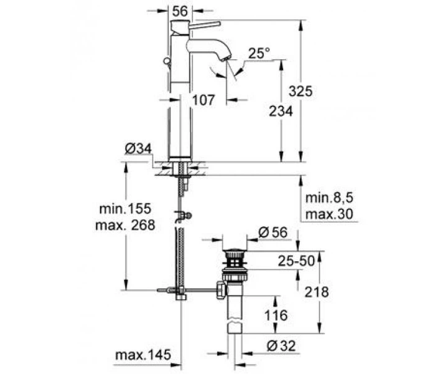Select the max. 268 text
125,224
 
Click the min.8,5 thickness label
327,199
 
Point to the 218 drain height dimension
316,292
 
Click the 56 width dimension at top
180,11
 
